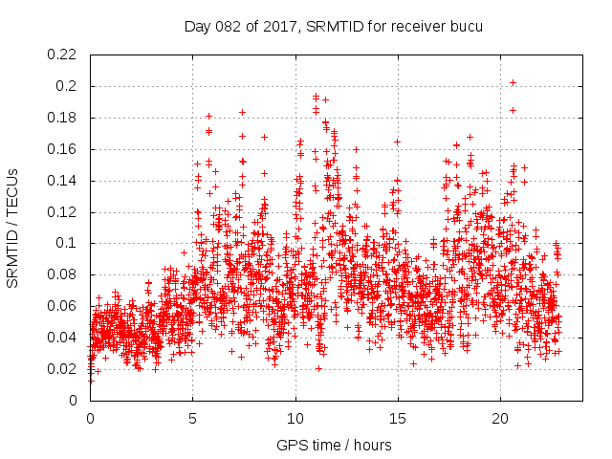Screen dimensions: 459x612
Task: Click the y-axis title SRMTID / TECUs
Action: click(x=12, y=228)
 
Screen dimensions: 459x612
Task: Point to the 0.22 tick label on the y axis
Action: click(x=63, y=55)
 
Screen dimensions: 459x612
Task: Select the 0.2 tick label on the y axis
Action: click(x=67, y=86)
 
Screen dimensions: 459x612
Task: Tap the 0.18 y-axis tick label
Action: click(x=63, y=118)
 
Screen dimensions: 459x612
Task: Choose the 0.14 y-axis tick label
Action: click(x=63, y=181)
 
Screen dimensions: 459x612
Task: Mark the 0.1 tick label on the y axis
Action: click(x=67, y=244)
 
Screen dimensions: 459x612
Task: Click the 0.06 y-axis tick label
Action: click(x=63, y=306)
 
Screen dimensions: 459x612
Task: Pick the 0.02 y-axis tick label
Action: click(x=63, y=369)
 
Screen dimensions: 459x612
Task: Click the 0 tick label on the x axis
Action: click(x=90, y=418)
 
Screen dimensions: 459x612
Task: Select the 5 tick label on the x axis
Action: click(x=192, y=418)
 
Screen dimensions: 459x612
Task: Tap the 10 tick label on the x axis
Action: click(x=295, y=418)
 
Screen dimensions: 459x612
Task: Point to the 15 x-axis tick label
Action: click(x=398, y=418)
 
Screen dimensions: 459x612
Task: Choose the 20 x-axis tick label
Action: click(x=501, y=418)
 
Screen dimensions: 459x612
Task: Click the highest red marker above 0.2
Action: click(x=514, y=82)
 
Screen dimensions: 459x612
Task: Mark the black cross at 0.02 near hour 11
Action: click(x=318, y=368)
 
